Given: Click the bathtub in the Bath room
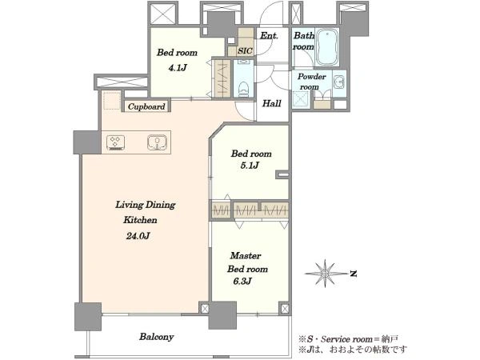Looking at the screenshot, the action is point(326,47).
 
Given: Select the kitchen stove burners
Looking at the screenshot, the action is point(115,142).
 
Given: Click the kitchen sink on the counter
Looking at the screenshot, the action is point(157,142).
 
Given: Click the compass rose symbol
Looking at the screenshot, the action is point(325,273).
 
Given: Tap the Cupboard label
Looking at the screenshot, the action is point(146,106).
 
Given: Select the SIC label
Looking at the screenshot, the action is point(245,51).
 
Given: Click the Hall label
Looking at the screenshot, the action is point(271,103).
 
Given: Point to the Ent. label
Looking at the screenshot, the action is point(269,36).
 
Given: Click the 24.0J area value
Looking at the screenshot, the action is point(138,236).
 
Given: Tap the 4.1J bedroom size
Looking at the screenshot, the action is point(178,68).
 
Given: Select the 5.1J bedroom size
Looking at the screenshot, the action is point(250,166).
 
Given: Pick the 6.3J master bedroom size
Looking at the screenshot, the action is point(242,281).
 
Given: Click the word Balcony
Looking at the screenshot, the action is point(157,337).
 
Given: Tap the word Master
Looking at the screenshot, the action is point(246,256).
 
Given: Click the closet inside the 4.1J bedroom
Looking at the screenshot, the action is point(222,78).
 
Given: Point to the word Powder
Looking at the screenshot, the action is point(312,77).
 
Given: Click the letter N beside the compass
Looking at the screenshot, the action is point(354,274).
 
